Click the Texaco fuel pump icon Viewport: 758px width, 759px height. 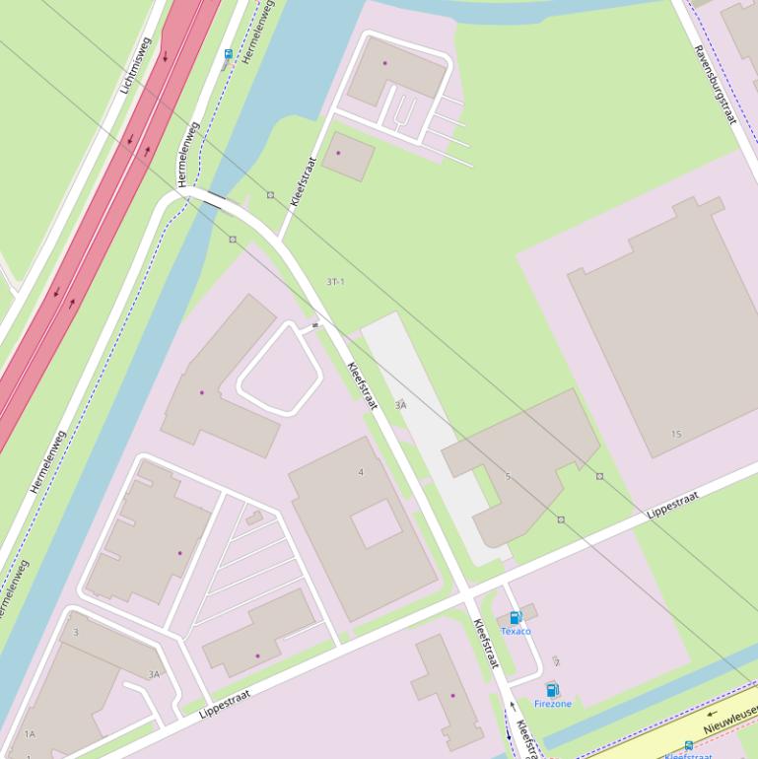(x=515, y=618)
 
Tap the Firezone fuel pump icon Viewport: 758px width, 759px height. (x=552, y=690)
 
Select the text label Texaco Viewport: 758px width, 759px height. (x=516, y=631)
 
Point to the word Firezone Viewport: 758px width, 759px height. (x=552, y=704)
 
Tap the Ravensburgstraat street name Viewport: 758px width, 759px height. (x=715, y=84)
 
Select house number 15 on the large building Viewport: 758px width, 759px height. (x=676, y=434)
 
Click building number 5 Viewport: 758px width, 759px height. (x=509, y=477)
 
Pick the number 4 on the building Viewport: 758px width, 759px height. (x=361, y=472)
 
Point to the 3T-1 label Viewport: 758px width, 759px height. (x=336, y=282)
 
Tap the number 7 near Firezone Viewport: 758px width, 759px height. (x=557, y=662)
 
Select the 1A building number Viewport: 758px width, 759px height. (x=30, y=734)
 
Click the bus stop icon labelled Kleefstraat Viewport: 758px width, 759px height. (x=688, y=747)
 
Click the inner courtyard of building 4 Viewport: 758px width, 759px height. (x=377, y=522)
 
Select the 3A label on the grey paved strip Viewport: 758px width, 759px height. (x=400, y=405)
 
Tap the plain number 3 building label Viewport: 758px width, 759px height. (x=76, y=632)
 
